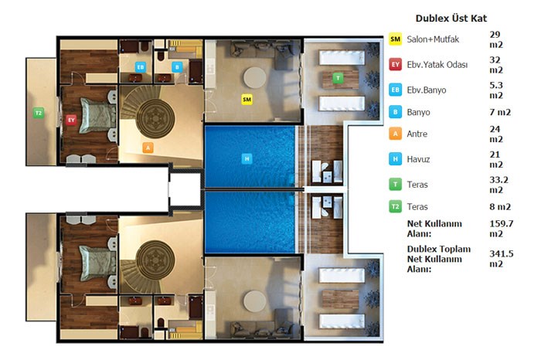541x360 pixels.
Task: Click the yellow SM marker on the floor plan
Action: click(247, 100)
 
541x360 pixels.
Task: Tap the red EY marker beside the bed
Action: click(71, 120)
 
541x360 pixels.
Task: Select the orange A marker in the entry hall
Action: click(148, 148)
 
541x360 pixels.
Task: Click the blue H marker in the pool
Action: click(247, 158)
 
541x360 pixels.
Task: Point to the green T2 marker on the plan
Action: click(39, 113)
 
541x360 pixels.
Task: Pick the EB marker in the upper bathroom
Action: click(141, 67)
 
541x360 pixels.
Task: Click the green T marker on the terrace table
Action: click(338, 77)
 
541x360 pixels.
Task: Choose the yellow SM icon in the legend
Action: click(396, 39)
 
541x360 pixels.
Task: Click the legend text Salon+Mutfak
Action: click(433, 39)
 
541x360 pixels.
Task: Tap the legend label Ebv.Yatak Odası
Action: click(437, 64)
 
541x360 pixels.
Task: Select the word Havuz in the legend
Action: click(418, 159)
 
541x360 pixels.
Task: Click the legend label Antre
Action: click(417, 134)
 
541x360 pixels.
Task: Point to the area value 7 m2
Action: click(500, 112)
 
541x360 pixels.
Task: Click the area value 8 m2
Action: click(500, 206)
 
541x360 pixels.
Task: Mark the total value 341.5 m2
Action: click(502, 259)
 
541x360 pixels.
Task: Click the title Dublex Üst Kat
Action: click(451, 19)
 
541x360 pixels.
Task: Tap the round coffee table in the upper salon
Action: click(254, 77)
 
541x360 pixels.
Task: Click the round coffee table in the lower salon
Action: click(254, 302)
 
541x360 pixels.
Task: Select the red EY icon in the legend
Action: click(396, 64)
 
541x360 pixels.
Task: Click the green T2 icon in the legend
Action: click(396, 206)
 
